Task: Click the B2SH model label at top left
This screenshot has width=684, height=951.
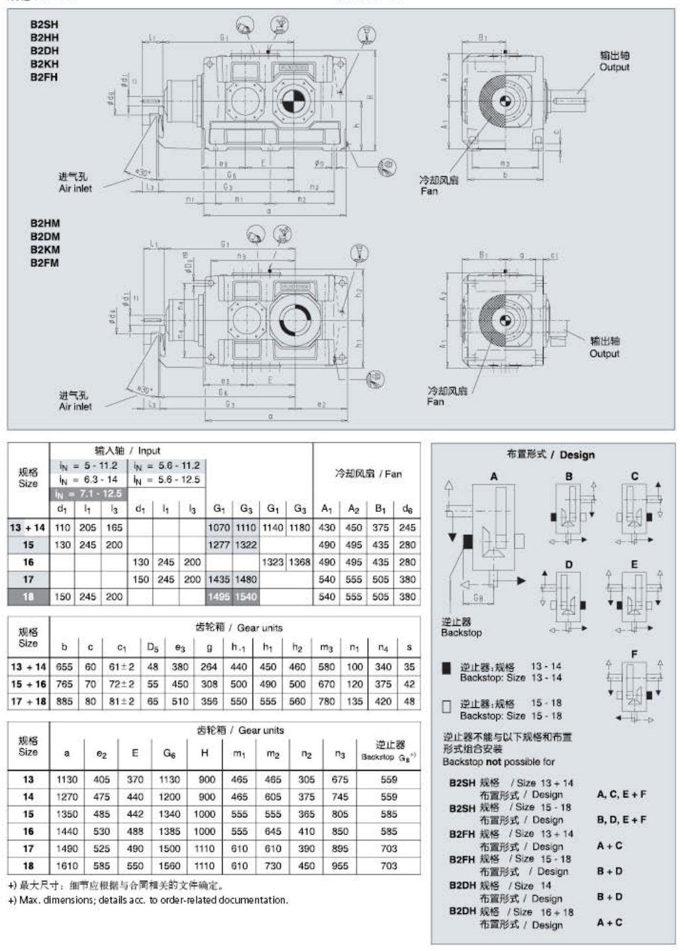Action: pyautogui.click(x=44, y=25)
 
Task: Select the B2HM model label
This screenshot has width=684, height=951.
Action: pyautogui.click(x=44, y=223)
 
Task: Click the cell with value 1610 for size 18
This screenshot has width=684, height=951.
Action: pyautogui.click(x=66, y=866)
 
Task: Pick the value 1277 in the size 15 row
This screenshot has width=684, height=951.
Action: pyautogui.click(x=219, y=544)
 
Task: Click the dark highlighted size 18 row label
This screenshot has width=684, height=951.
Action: pyautogui.click(x=28, y=596)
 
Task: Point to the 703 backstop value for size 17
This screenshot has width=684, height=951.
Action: pyautogui.click(x=389, y=848)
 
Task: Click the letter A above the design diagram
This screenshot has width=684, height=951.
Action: pyautogui.click(x=494, y=476)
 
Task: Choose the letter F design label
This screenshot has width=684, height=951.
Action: pyautogui.click(x=634, y=654)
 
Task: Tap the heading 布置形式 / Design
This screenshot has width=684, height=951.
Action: pyautogui.click(x=550, y=454)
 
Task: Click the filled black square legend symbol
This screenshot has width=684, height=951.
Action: pyautogui.click(x=446, y=668)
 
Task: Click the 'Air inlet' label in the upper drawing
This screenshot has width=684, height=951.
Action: pyautogui.click(x=75, y=188)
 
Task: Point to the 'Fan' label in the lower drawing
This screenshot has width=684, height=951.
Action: pyautogui.click(x=435, y=401)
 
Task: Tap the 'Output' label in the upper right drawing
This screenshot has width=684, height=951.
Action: pyautogui.click(x=614, y=67)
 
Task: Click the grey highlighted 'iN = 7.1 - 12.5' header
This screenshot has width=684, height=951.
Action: pyautogui.click(x=89, y=493)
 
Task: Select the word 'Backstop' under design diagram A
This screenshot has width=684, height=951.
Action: pyautogui.click(x=461, y=632)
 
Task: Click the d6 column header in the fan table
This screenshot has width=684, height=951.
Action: pyautogui.click(x=407, y=509)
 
